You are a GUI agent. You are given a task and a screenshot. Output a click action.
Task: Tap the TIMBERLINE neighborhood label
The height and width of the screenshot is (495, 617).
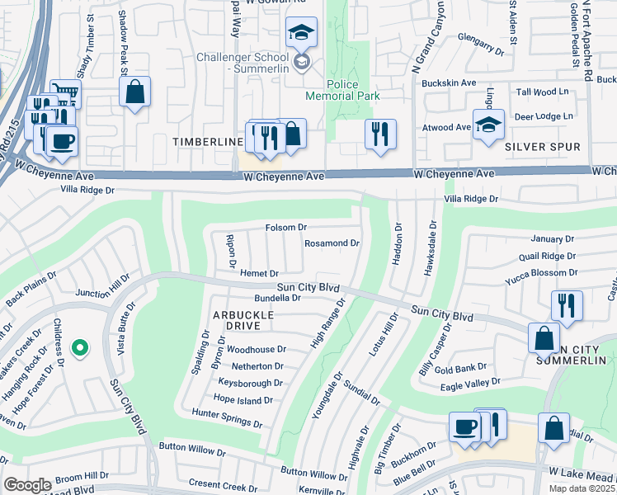[x=206, y=142]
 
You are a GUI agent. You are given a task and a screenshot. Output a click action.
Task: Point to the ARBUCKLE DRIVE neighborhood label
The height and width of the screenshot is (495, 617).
[x=219, y=321]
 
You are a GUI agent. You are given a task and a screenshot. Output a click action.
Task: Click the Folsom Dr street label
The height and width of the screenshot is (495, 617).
[x=286, y=227]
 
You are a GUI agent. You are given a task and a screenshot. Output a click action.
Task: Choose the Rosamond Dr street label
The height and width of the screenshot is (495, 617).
[x=332, y=243]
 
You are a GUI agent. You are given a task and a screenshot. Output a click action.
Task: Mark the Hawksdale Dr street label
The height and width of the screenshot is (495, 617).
[x=430, y=247]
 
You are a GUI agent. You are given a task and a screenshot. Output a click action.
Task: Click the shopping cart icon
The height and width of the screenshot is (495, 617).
[x=65, y=93]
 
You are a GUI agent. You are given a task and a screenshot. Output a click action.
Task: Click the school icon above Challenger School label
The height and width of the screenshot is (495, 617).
[x=301, y=33]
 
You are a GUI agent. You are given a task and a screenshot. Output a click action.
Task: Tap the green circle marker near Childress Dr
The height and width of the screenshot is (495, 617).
[x=79, y=349]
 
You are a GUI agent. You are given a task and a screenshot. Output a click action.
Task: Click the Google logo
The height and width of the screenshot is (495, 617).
[x=27, y=485]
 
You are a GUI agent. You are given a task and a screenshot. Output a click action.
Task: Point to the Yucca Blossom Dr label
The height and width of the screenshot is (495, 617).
[x=540, y=273]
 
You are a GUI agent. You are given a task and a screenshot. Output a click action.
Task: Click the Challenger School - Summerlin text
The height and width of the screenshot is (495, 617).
[x=243, y=63]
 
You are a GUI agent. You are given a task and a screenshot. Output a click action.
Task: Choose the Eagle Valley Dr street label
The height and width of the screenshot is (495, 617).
[x=472, y=382]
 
